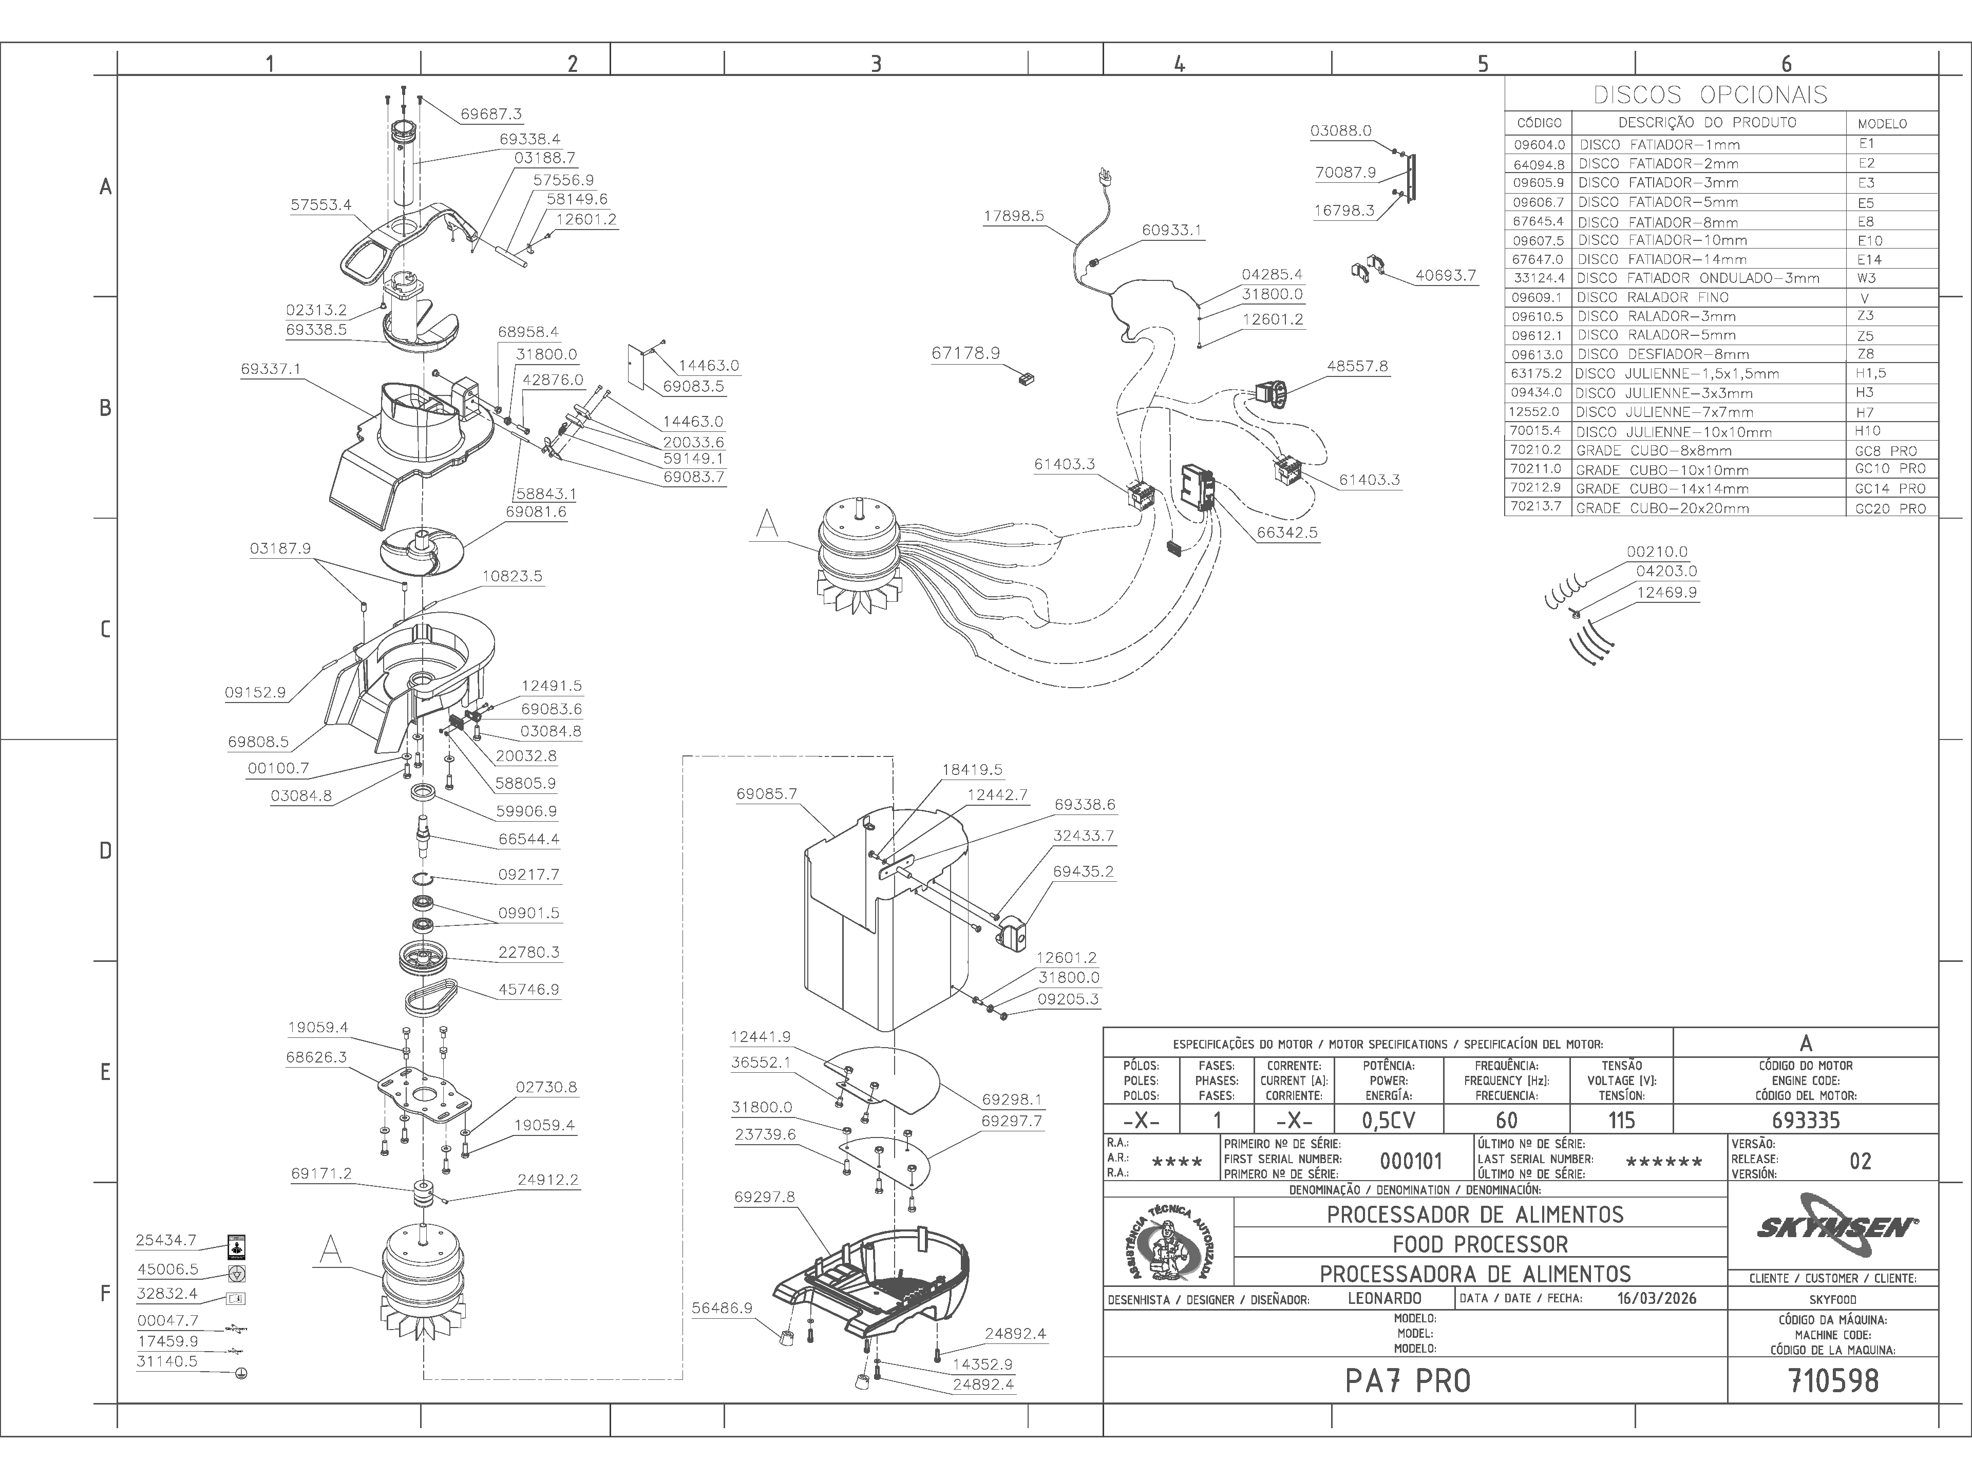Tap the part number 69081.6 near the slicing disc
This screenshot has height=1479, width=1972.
click(x=535, y=511)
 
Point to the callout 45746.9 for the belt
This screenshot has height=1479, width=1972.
click(x=528, y=990)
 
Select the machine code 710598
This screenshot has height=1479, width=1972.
click(x=1833, y=1381)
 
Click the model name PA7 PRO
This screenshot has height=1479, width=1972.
click(x=1408, y=1381)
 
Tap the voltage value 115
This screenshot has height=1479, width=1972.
click(x=1621, y=1120)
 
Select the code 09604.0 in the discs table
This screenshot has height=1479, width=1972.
click(x=1539, y=144)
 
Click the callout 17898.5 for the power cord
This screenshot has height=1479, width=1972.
click(x=1014, y=216)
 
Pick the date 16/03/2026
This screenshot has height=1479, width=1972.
click(x=1656, y=1298)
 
